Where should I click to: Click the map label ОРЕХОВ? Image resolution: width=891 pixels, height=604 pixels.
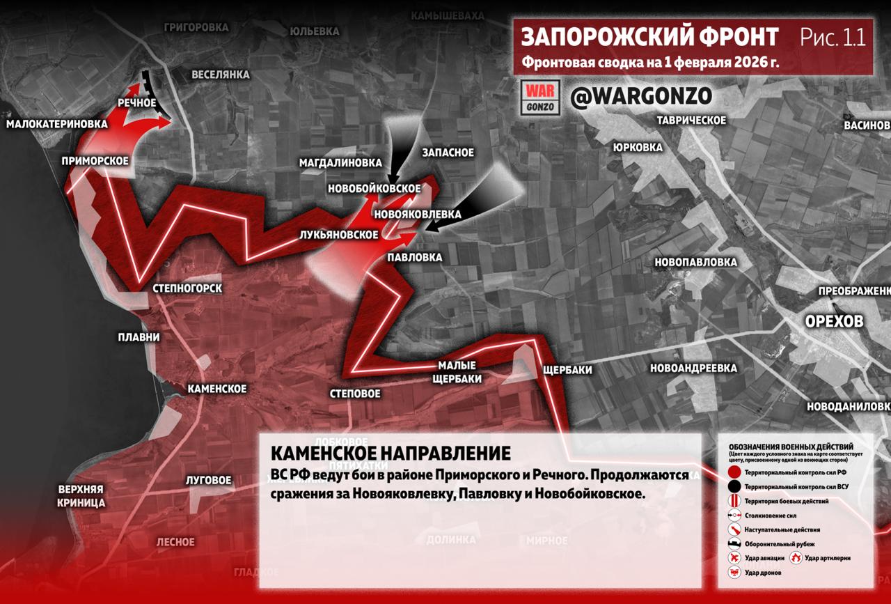tap(834, 321)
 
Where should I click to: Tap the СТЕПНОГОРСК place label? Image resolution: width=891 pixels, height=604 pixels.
tap(187, 288)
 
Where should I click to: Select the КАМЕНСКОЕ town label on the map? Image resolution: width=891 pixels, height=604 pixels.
tap(217, 388)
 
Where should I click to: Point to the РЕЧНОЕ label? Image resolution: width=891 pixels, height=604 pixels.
tap(136, 102)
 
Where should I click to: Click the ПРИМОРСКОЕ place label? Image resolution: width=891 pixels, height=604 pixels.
tap(95, 161)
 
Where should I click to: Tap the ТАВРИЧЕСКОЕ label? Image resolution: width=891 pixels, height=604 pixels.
tap(691, 121)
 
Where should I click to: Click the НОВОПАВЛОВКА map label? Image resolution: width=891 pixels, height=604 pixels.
tap(695, 262)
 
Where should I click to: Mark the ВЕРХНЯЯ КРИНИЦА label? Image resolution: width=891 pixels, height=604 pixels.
tap(81, 495)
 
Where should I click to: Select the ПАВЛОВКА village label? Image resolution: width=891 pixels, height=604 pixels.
tap(415, 257)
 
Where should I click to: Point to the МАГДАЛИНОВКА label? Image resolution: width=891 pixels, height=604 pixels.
tap(341, 162)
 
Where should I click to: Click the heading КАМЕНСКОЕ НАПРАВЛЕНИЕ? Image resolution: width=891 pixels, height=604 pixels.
tap(390, 454)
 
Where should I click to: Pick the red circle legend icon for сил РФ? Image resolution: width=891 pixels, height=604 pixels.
tap(734, 473)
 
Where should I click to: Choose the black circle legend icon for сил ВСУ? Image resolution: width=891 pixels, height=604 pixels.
tap(734, 487)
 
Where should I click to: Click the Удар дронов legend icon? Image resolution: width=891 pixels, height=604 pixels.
tap(734, 573)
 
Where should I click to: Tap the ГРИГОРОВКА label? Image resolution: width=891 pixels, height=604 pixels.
tap(196, 27)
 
